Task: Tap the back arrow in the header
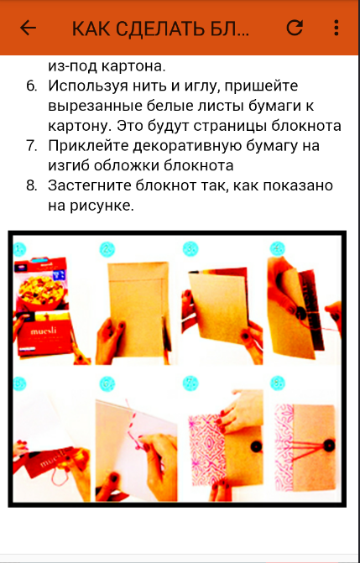tap(28, 28)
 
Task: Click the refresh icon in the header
tap(295, 28)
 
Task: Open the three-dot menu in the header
tap(337, 28)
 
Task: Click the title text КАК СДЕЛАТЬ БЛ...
tap(160, 29)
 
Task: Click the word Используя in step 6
tap(85, 87)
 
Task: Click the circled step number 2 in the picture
tap(107, 249)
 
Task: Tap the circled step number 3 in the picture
tap(190, 249)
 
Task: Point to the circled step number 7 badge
tap(190, 383)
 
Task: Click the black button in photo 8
tap(329, 446)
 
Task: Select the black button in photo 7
tap(256, 446)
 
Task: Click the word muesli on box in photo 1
tap(42, 331)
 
